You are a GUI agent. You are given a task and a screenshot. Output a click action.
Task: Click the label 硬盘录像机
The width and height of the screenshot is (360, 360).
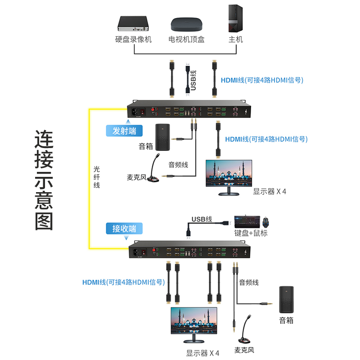click(x=133, y=40)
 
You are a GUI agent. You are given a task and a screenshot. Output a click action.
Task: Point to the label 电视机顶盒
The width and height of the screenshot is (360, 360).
click(x=186, y=40)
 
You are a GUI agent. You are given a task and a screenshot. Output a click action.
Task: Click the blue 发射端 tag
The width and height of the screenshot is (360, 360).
click(x=124, y=130)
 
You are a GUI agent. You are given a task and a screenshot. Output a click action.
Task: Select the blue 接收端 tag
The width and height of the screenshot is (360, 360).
click(x=124, y=228)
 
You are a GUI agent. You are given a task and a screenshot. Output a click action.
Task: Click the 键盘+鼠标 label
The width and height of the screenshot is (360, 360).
click(x=251, y=234)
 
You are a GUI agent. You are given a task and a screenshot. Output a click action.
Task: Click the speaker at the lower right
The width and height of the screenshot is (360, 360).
click(x=286, y=299)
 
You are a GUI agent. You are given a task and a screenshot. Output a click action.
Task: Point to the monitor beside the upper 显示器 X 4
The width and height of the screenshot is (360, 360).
click(x=229, y=177)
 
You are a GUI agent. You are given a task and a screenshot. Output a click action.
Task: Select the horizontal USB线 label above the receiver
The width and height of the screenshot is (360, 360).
click(x=202, y=219)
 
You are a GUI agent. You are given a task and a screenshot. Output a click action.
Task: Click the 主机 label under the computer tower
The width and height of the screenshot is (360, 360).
click(x=235, y=40)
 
